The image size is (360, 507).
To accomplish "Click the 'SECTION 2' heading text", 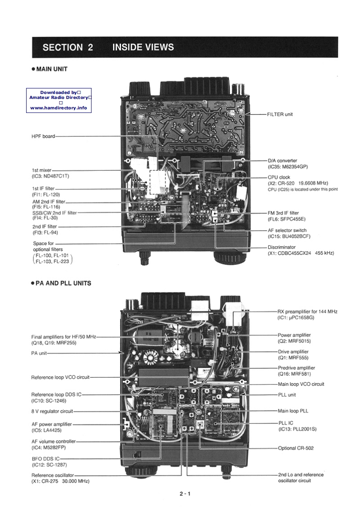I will pos(68,47).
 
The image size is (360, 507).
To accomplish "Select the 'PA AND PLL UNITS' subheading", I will pos(63,283).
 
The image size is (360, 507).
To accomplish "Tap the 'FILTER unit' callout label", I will pos(280,114).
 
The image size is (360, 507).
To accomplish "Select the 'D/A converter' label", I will pos(282,160).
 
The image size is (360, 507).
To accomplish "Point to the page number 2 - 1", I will pos(184,493).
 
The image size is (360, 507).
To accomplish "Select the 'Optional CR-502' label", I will pos(295,448).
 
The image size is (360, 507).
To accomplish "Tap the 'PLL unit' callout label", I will pos(287,394).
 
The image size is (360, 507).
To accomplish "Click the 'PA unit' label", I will pos(40,353).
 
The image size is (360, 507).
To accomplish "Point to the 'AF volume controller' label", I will pos(54,441).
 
